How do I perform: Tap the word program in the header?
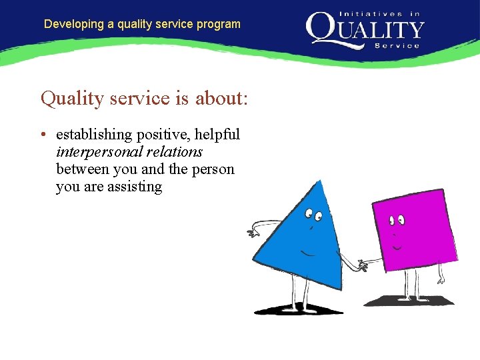[x=219, y=24]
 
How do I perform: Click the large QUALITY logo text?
[x=365, y=29]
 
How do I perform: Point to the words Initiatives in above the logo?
[x=380, y=13]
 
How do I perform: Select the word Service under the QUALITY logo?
[x=397, y=45]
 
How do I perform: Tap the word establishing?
[x=94, y=135]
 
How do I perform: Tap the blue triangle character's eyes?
[x=313, y=215]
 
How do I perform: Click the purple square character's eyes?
[x=397, y=218]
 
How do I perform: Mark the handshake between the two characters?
[x=360, y=265]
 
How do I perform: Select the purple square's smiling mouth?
[x=397, y=247]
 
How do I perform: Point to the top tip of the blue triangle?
[x=321, y=181]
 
